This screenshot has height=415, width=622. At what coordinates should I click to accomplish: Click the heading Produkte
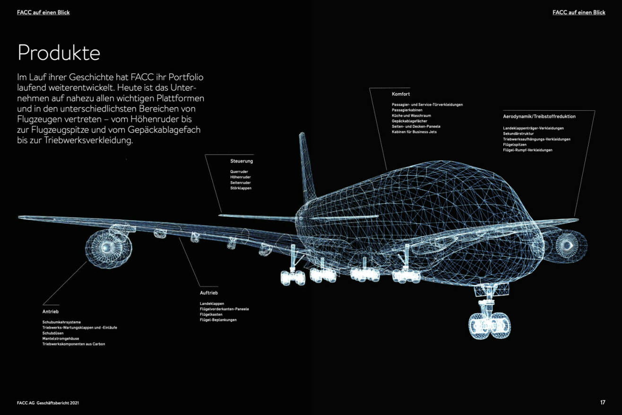click(59, 53)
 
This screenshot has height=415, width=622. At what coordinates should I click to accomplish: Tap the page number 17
click(603, 402)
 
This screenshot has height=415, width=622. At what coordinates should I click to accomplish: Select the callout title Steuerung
click(242, 161)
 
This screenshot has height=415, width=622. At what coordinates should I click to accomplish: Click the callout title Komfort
click(401, 94)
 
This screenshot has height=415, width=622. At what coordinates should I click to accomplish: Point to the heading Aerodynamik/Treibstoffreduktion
click(539, 116)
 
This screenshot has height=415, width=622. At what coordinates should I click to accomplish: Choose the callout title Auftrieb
click(208, 293)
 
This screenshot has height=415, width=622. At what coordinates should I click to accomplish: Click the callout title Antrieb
click(51, 312)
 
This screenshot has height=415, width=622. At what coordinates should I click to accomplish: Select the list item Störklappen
click(241, 188)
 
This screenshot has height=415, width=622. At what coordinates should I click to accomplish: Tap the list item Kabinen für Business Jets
click(414, 132)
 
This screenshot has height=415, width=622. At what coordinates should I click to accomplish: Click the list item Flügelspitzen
click(515, 144)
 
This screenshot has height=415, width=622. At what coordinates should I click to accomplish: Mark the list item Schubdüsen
click(53, 333)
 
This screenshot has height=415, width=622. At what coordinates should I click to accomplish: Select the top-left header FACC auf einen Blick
click(43, 12)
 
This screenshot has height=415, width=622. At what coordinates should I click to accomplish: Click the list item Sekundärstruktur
click(518, 134)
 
